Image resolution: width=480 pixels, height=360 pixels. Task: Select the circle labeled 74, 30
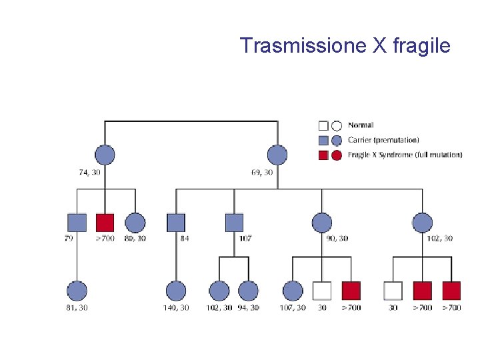[x=105, y=155]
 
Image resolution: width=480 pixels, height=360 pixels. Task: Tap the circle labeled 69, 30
[x=277, y=155]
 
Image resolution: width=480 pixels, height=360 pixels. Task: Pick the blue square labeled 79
[x=77, y=223]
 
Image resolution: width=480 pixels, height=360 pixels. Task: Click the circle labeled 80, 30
[x=135, y=223]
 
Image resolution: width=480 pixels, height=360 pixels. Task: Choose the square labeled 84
[x=176, y=223]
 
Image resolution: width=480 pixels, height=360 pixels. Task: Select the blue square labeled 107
[x=234, y=223]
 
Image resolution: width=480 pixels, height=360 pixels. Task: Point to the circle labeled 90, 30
[x=321, y=223]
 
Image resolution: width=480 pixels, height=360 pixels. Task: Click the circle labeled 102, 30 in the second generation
[x=422, y=223]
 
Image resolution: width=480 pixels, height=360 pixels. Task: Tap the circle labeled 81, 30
[x=77, y=291]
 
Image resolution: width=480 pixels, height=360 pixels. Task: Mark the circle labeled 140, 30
[x=176, y=291]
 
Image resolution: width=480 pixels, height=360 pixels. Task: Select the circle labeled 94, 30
[x=248, y=291]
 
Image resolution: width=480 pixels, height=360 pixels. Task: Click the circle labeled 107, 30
[x=293, y=291]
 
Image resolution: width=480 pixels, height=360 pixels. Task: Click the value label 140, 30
[x=176, y=308]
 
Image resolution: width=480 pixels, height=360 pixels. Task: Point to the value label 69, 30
[x=262, y=172]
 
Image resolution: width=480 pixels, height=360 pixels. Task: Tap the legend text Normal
[x=361, y=125]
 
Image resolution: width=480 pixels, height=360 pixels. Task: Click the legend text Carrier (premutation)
[x=383, y=140]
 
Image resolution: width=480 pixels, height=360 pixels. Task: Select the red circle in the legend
[x=337, y=155]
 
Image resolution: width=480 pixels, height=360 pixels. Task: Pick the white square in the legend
[x=323, y=125]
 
